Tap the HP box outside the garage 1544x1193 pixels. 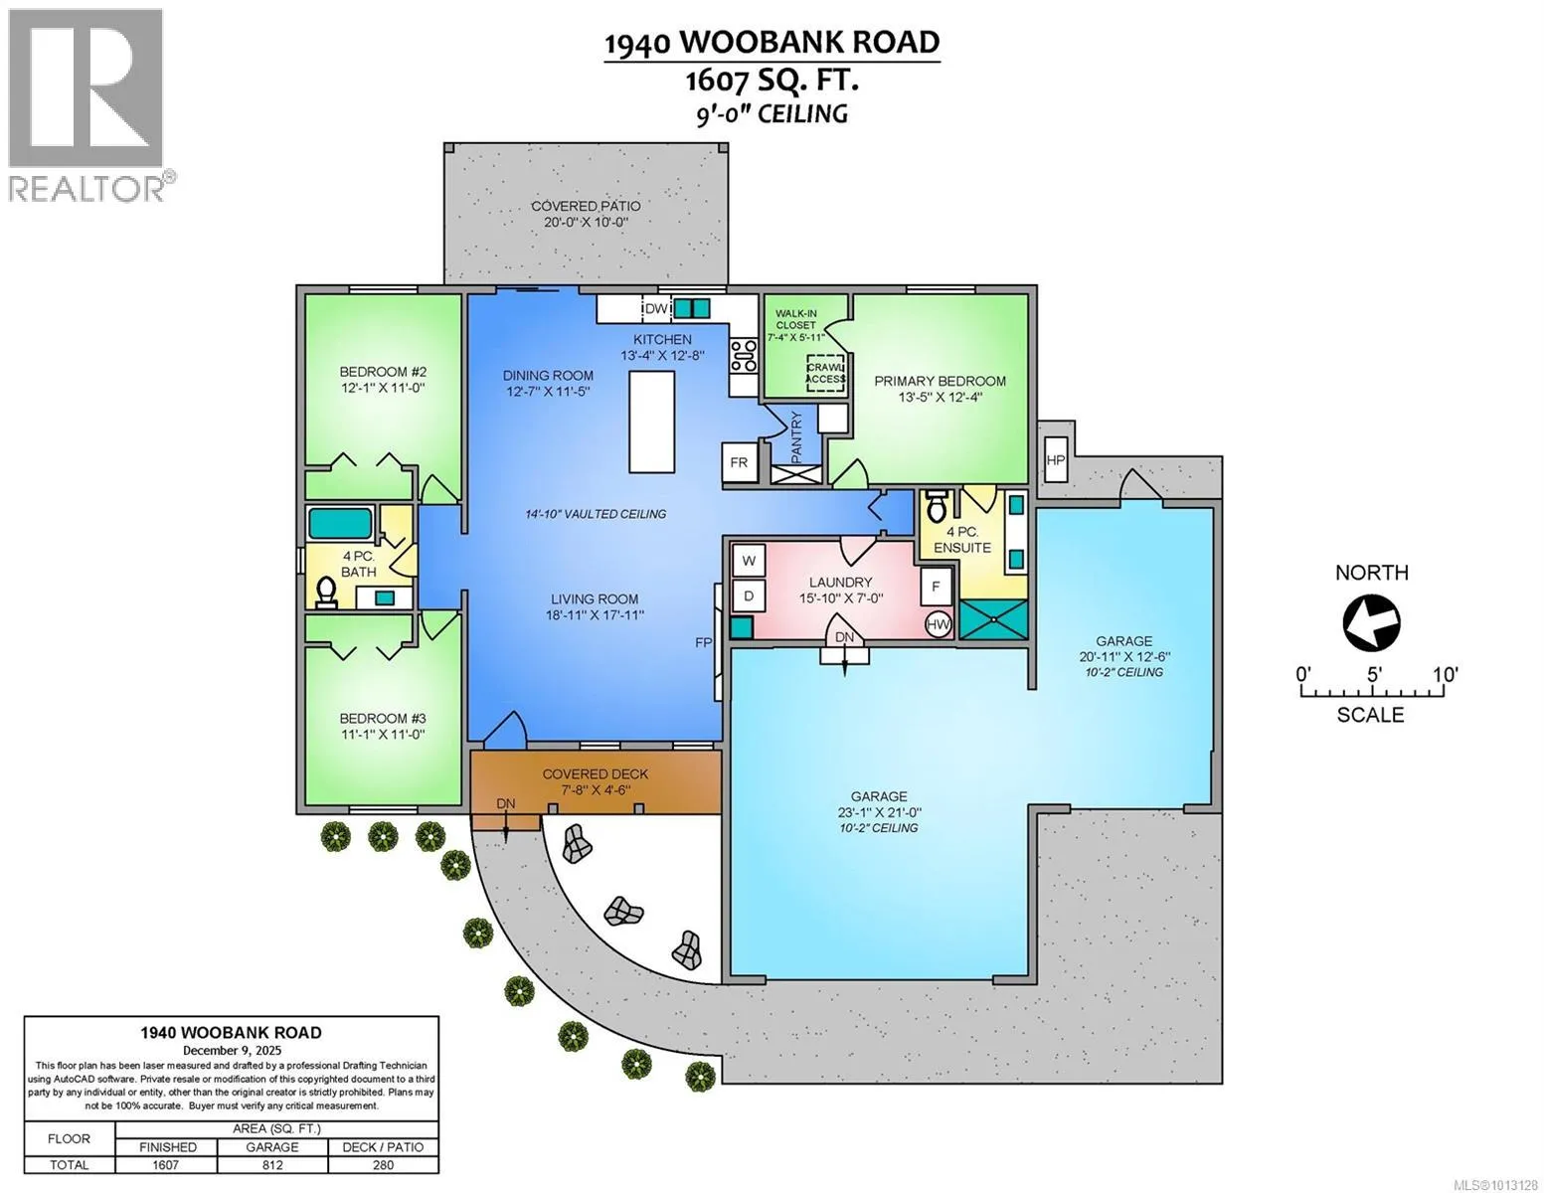point(1055,459)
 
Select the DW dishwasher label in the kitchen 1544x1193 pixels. point(656,309)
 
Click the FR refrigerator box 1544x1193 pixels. point(739,462)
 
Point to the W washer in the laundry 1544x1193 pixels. point(749,561)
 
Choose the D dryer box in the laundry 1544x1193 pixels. point(749,596)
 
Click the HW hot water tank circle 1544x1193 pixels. point(938,624)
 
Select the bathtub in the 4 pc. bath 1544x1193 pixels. point(340,523)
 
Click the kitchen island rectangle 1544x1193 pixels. point(651,422)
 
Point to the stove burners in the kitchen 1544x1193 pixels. point(744,355)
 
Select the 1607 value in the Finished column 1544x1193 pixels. point(166,1164)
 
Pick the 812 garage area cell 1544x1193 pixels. point(272,1164)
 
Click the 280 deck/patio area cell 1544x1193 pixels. point(383,1164)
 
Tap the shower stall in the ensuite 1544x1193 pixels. point(992,619)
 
